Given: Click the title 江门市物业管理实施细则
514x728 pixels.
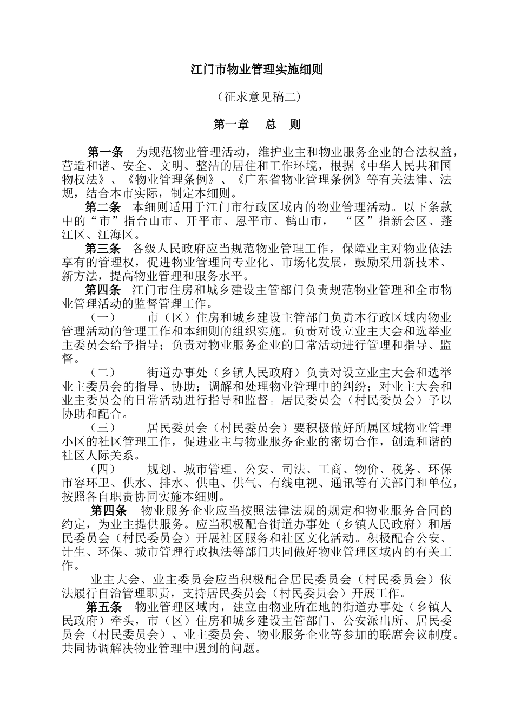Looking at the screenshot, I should tap(257, 69).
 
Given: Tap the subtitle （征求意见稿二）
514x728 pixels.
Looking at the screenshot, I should tap(257, 97).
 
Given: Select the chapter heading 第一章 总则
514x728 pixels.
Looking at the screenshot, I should tap(257, 125).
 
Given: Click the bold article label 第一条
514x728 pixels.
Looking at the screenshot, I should tap(106, 151).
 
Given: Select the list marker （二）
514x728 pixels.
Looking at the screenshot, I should tap(102, 373).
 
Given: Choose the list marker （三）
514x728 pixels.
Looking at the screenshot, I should tap(102, 428).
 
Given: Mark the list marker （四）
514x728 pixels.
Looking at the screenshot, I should tap(102, 469).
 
